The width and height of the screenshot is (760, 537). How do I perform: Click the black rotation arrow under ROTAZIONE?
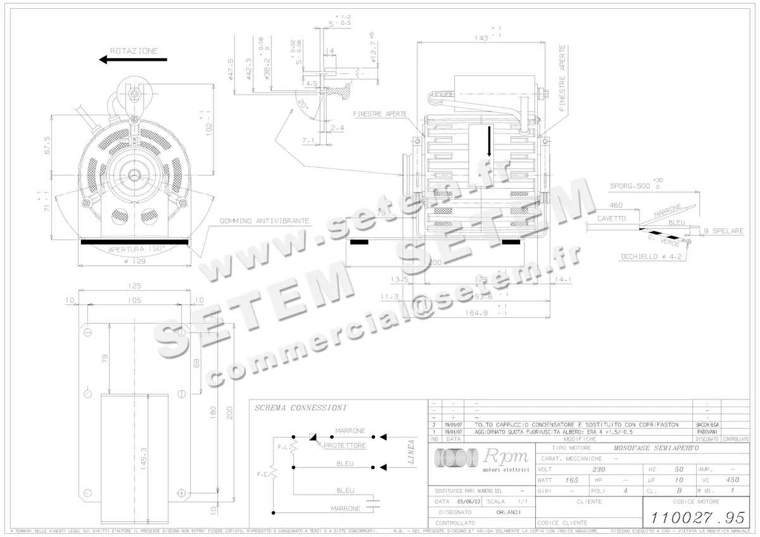coord(133,60)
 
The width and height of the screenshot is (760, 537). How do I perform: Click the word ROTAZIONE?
coord(134,51)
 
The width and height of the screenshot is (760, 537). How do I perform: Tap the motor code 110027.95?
coord(694,517)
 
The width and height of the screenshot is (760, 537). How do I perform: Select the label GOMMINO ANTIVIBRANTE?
coord(265,221)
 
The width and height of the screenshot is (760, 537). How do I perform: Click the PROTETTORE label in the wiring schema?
coord(345,446)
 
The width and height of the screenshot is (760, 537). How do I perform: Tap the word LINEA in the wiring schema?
coord(410,452)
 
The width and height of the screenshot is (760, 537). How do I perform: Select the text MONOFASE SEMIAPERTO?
coord(656,448)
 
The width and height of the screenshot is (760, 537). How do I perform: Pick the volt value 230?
coord(598,470)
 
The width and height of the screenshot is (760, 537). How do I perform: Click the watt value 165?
coord(572,480)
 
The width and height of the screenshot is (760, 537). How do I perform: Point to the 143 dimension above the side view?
coord(481,39)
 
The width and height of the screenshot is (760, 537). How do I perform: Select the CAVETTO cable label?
coord(611,218)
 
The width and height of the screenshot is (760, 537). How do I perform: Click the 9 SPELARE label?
coord(725,231)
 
